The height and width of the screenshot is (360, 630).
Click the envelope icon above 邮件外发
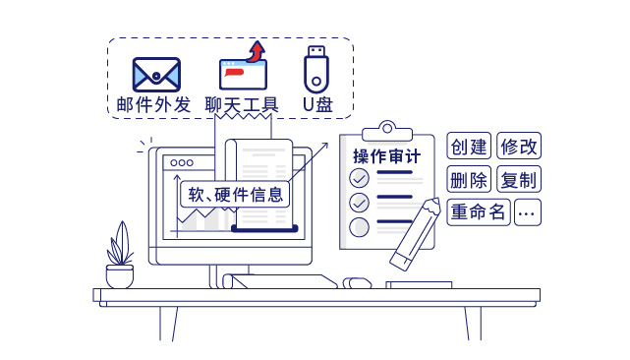[156, 73]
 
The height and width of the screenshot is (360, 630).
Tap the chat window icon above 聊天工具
[242, 75]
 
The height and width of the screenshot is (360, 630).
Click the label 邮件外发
[152, 104]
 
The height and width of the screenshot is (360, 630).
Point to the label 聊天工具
[242, 104]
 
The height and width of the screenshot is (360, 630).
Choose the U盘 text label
[316, 104]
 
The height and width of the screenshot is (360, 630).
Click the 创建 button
[469, 147]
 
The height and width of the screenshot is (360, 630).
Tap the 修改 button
[520, 147]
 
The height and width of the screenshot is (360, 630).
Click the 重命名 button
[479, 211]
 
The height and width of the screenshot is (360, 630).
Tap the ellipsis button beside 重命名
[528, 211]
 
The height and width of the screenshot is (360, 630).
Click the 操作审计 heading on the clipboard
[387, 155]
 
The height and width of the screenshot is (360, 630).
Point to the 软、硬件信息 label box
[235, 193]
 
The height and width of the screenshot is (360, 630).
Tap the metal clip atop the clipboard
[385, 130]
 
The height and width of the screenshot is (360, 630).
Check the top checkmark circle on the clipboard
[360, 178]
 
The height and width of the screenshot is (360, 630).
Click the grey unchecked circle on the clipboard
[360, 227]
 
